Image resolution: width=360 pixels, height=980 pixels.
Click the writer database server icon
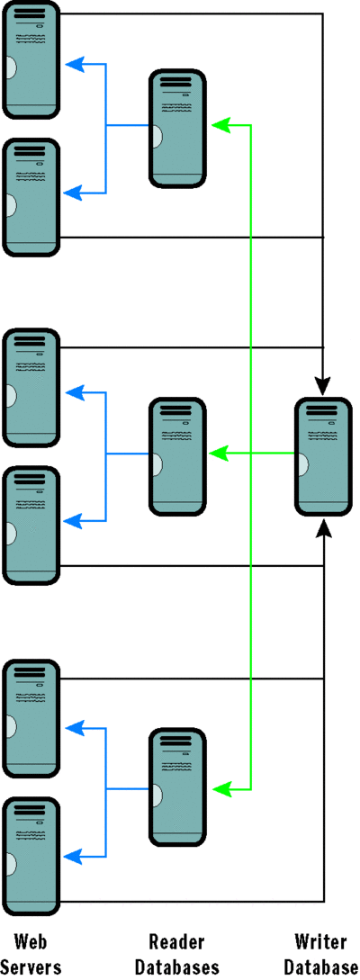[323, 456]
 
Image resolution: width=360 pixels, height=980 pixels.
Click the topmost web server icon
[31, 59]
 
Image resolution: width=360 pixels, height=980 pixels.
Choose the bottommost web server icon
[31, 851]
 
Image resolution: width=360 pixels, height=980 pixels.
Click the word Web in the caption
[31, 942]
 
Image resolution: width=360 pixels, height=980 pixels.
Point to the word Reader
[176, 942]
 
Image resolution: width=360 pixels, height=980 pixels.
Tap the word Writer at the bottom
[321, 942]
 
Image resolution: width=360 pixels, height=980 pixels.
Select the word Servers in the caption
[31, 967]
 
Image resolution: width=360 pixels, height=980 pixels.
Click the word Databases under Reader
[176, 967]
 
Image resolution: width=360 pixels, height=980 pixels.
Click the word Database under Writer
[321, 967]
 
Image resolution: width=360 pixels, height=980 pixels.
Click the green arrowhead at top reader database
[219, 125]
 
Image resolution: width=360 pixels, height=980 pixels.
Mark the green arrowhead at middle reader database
[219, 454]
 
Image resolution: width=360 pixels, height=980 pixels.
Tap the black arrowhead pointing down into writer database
[323, 385]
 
